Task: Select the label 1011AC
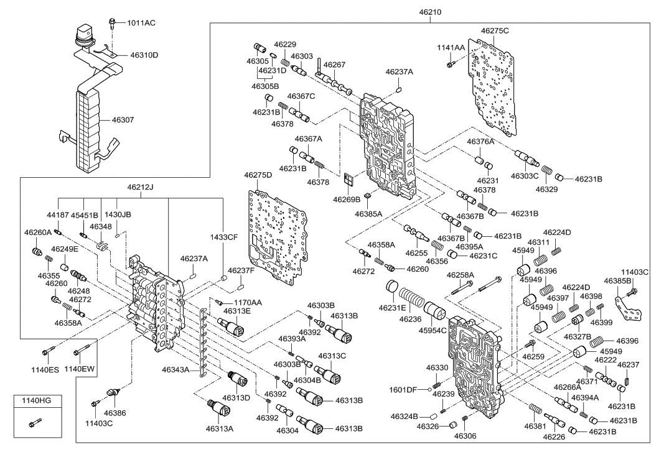pyautogui.click(x=141, y=23)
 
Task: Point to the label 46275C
pyautogui.click(x=495, y=30)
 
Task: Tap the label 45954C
pyautogui.click(x=434, y=330)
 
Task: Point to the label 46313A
pyautogui.click(x=220, y=430)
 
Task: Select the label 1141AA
pyautogui.click(x=450, y=48)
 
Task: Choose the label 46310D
pyautogui.click(x=144, y=55)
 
